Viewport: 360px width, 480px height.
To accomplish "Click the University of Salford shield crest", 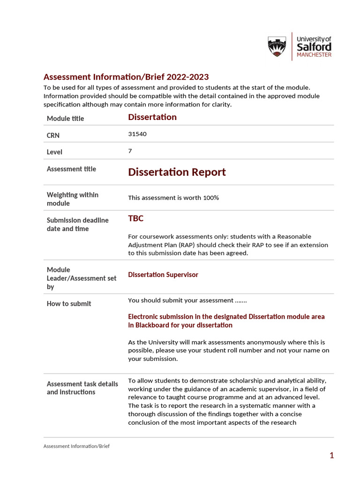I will point(277,47).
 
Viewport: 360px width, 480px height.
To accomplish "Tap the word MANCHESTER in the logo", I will point(314,55).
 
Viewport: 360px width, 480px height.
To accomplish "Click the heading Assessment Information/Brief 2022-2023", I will point(126,77).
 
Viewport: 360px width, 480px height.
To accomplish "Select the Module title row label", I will point(65,119).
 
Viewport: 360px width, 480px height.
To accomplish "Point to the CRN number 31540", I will point(137,134).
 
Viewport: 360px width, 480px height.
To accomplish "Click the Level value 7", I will point(130,151).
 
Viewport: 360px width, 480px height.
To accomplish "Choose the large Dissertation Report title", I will point(177,172).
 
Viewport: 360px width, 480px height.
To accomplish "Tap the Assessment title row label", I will point(71,169).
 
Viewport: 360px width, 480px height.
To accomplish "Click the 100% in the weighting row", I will point(211,198).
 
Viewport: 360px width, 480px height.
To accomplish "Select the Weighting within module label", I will point(73,199).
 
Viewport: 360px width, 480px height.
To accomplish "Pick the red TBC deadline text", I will point(136,218).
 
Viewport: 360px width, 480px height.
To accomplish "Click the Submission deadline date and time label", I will point(77,224).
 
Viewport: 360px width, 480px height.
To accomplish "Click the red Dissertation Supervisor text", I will point(163,275).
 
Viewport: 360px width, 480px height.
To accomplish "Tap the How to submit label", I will point(69,304).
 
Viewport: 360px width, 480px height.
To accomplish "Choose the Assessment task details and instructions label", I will point(82,388).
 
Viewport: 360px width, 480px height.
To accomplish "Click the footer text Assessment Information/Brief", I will point(76,446).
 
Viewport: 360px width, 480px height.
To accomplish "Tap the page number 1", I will point(331,455).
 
